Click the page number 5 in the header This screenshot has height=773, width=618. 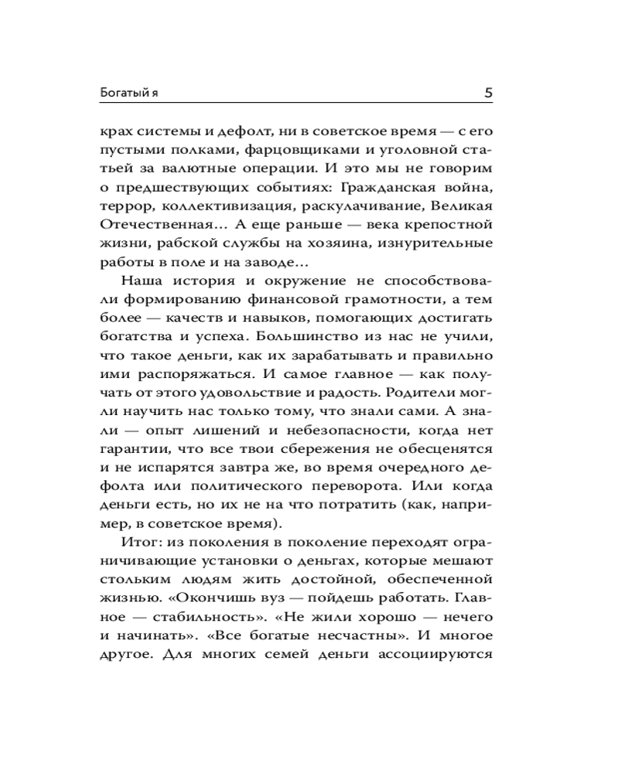pyautogui.click(x=488, y=93)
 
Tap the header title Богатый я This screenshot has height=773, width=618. pyautogui.click(x=129, y=94)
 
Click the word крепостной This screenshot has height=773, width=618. pyautogui.click(x=451, y=226)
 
